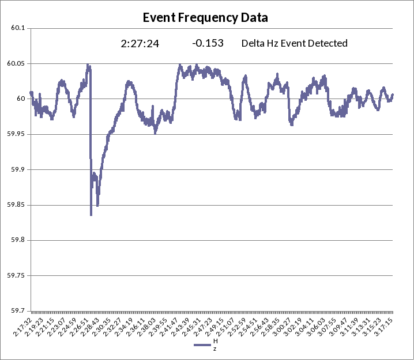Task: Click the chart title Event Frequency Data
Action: pos(205,18)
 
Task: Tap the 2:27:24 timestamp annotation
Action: pos(140,43)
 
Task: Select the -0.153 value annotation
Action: pos(208,43)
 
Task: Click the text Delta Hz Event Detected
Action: pos(294,43)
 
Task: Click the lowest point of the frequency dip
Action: pos(91,215)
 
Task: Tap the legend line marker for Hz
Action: pos(202,345)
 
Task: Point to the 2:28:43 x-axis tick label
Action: pos(89,327)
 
